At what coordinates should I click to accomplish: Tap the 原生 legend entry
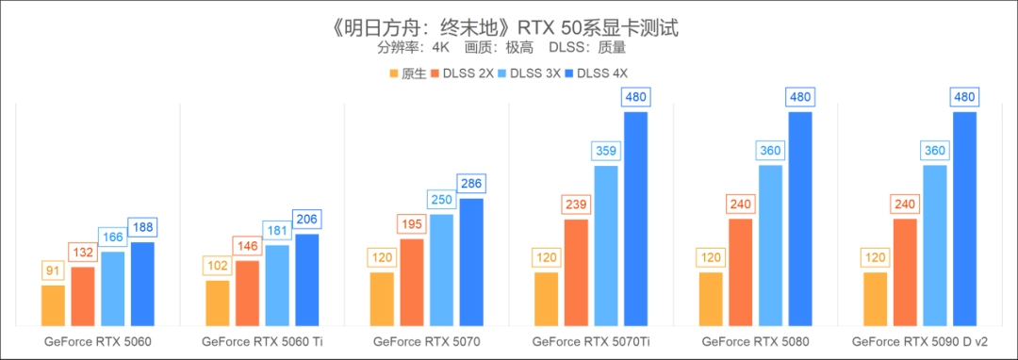[x=406, y=73]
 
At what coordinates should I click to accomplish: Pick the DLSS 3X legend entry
[x=532, y=73]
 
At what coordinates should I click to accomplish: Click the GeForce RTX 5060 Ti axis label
[x=261, y=341]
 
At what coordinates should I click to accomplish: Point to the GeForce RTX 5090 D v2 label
[x=920, y=341]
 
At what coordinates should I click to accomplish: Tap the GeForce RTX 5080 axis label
[x=755, y=341]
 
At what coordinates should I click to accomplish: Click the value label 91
[x=54, y=271]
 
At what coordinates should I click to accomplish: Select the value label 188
[x=142, y=227]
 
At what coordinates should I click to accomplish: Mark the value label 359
[x=605, y=151]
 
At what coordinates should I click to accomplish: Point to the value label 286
[x=471, y=184]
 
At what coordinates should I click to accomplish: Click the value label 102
[x=218, y=267]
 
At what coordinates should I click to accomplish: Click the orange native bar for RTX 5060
[x=54, y=305]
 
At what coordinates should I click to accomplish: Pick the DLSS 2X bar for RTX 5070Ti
[x=576, y=273]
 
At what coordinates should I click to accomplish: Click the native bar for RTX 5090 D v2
[x=875, y=300]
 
